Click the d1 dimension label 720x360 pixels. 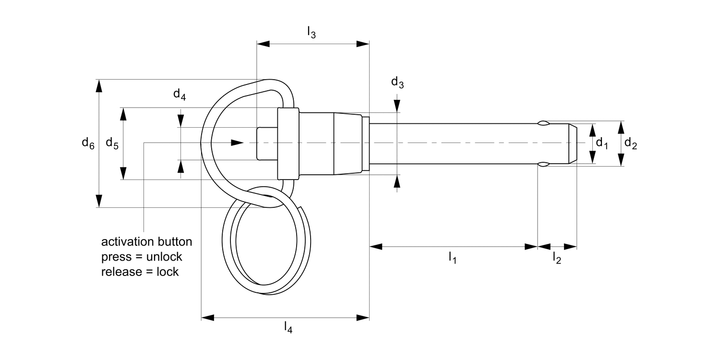[x=601, y=143]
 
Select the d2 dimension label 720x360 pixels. [x=630, y=143]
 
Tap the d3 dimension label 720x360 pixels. [x=397, y=83]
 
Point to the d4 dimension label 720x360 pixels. [x=180, y=94]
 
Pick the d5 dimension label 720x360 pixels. [x=112, y=143]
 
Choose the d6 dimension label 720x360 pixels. [x=87, y=143]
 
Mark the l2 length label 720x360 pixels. [x=556, y=258]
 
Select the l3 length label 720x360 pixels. [x=312, y=32]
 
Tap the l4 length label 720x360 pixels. [x=288, y=328]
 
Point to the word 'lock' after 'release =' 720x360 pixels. [x=168, y=272]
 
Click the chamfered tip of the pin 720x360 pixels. [x=573, y=143]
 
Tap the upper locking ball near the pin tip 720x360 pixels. [x=543, y=123]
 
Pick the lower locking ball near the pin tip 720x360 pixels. [x=543, y=165]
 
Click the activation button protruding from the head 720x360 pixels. [x=267, y=143]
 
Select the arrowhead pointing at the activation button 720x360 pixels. [x=237, y=143]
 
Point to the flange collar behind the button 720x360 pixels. [x=288, y=143]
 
